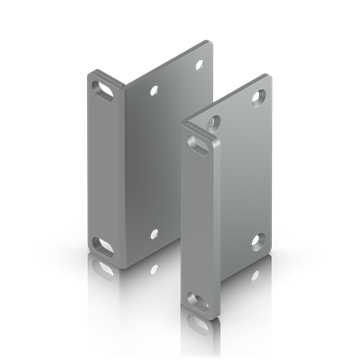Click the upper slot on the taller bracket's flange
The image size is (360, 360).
point(102,87)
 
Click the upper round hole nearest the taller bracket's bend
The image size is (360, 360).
point(154,90)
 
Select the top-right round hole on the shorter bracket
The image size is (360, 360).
point(258,97)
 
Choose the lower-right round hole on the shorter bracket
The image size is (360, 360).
point(258,241)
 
